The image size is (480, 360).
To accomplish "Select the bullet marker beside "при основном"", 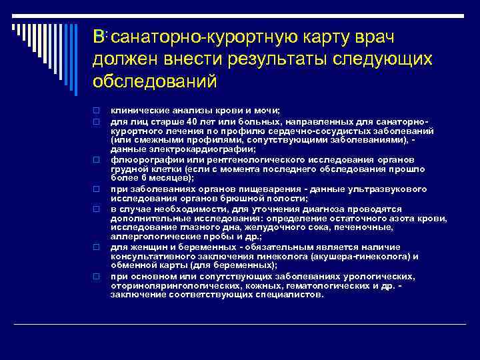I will tap(97, 275).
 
